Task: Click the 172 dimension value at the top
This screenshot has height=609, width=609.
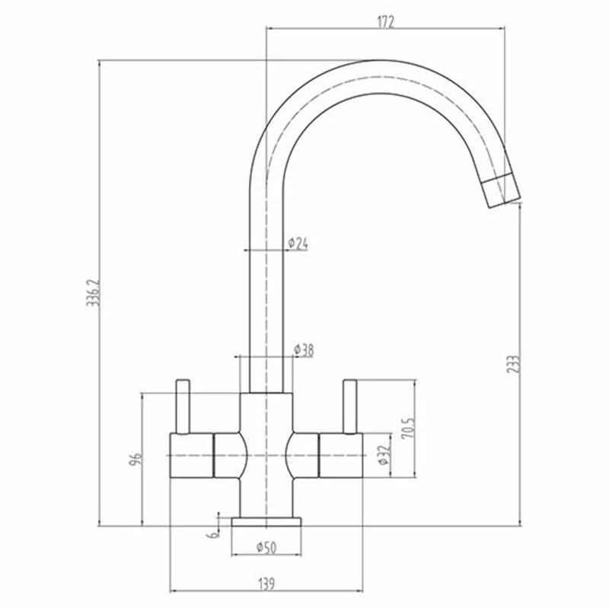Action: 385,22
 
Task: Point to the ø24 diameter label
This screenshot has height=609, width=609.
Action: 298,244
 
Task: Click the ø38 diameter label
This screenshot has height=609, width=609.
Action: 304,349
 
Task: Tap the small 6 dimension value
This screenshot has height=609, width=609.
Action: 214,534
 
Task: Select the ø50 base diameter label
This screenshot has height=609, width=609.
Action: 266,546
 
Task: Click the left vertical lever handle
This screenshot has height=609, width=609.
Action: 183,407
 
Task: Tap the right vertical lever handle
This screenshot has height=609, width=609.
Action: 350,407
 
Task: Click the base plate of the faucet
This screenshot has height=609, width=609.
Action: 266,521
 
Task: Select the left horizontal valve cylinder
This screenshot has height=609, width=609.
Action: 191,455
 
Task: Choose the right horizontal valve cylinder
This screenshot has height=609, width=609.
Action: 343,455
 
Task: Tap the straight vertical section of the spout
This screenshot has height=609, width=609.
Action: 266,289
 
